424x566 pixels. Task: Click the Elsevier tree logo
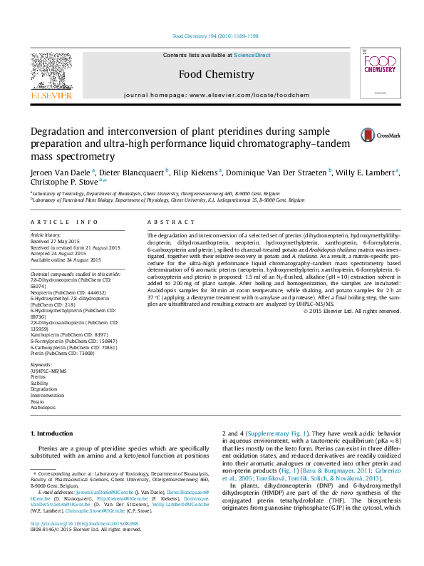(51, 71)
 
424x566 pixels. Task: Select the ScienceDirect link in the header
(252, 55)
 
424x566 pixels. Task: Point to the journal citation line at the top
(216, 36)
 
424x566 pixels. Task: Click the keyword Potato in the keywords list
(37, 401)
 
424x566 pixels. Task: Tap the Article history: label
(46, 235)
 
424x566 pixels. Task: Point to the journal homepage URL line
(216, 95)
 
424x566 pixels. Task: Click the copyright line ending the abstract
(352, 311)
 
